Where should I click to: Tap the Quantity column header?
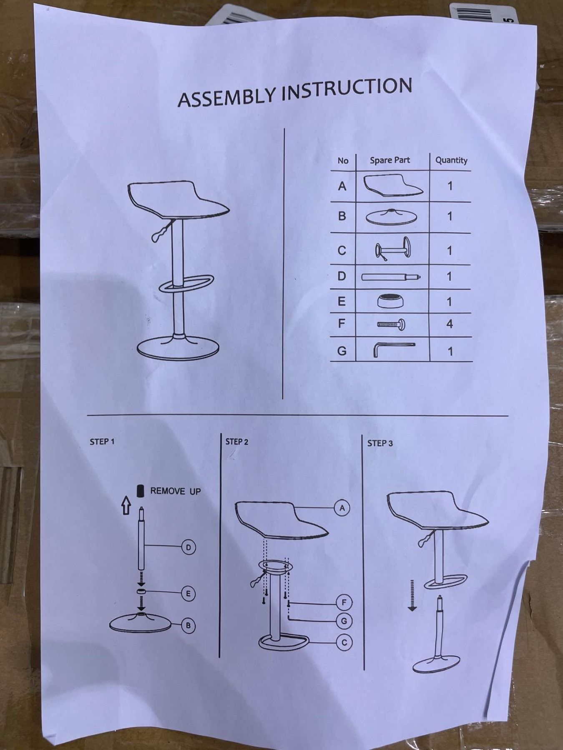coord(451,160)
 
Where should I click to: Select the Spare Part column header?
coord(390,160)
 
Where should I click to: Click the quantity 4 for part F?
coord(449,324)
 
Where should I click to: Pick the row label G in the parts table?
coord(342,351)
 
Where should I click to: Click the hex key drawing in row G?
coord(393,349)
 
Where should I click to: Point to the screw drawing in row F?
coord(391,324)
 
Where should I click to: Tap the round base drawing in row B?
coord(391,217)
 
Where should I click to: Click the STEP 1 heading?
coord(102,442)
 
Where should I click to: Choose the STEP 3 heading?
coord(380,443)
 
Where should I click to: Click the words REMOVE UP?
coord(175,491)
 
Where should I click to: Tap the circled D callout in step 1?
coord(189,547)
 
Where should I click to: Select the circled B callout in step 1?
coord(189,625)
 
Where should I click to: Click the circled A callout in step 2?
coord(342,508)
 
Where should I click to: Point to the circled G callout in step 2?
coord(344,621)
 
